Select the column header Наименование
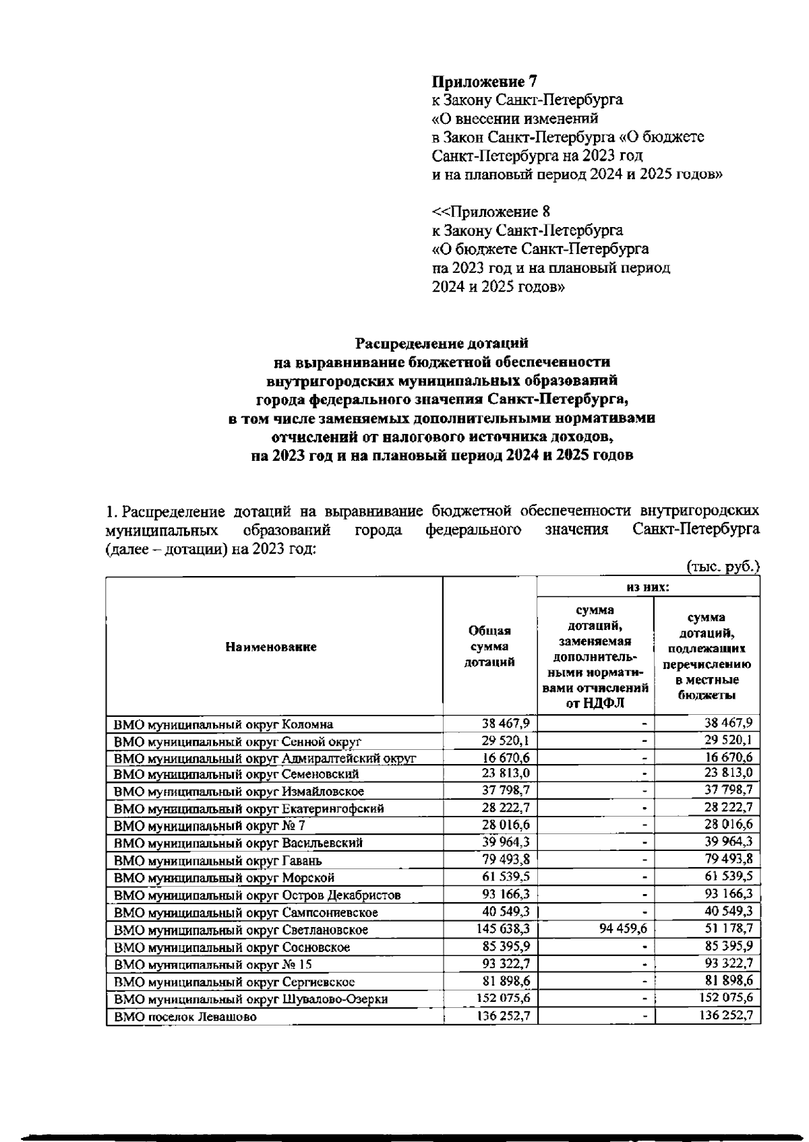(270, 647)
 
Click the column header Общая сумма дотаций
(489, 646)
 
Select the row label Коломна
(223, 724)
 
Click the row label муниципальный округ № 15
(212, 964)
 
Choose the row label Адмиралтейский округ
(264, 758)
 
